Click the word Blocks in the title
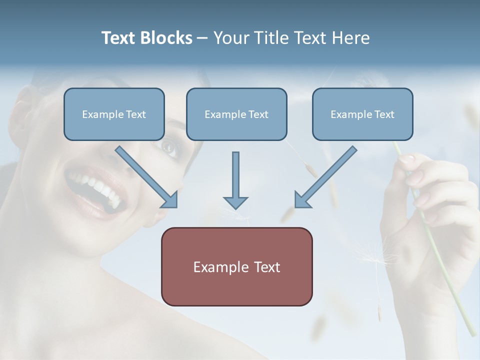pyautogui.click(x=167, y=38)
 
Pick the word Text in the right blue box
pyautogui.click(x=384, y=114)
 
